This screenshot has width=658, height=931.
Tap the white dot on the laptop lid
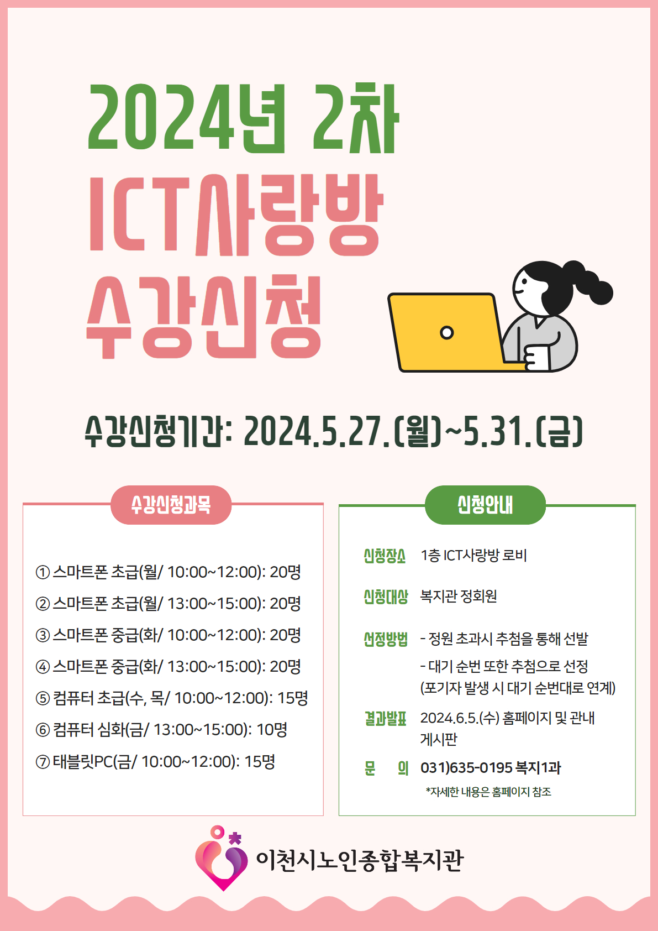click(x=446, y=332)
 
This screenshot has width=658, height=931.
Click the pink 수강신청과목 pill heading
click(x=171, y=505)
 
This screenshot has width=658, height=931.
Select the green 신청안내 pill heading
click(x=485, y=505)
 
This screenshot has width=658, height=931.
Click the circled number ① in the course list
click(x=43, y=573)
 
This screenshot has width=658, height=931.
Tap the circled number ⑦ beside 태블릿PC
click(x=43, y=762)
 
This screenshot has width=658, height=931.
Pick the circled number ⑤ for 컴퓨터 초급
click(x=43, y=699)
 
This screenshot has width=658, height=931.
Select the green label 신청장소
click(x=385, y=556)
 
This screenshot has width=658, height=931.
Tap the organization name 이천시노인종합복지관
click(x=360, y=860)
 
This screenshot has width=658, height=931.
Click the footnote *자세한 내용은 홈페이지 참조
click(x=488, y=792)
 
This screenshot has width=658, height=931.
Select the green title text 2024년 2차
click(x=244, y=118)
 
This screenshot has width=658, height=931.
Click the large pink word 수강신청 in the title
click(x=203, y=317)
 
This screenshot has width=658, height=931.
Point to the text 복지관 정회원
click(x=459, y=596)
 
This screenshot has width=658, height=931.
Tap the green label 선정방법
click(x=386, y=639)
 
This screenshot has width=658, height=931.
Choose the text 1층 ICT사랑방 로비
click(x=473, y=555)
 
